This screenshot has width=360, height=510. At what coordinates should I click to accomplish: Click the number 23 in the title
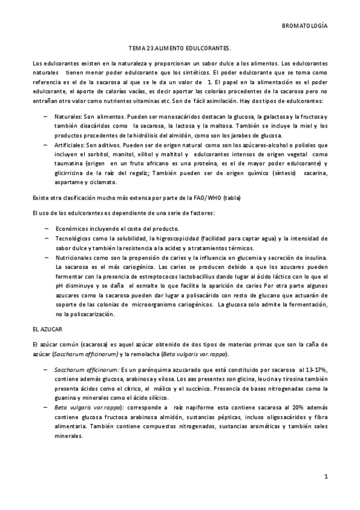coord(142,46)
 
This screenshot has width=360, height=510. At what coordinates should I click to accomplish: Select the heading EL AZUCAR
coord(46,330)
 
